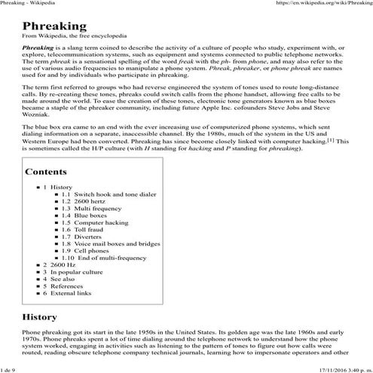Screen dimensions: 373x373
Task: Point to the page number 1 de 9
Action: (12, 369)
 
